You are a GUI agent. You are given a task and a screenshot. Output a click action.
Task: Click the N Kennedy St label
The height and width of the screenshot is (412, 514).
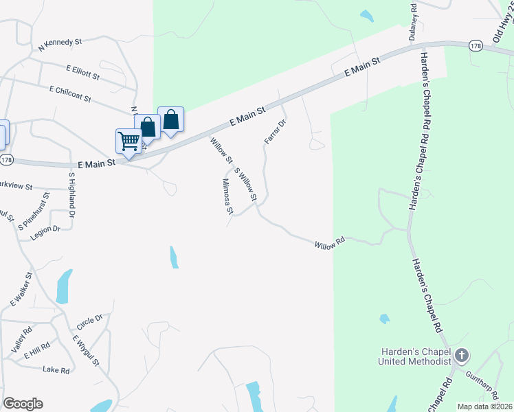(60, 43)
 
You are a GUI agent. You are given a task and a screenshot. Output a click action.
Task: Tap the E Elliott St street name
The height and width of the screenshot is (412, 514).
(83, 71)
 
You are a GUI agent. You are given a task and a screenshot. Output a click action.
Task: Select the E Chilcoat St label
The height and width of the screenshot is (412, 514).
(70, 94)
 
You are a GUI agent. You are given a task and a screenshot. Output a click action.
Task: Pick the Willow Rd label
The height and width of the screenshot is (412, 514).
(329, 244)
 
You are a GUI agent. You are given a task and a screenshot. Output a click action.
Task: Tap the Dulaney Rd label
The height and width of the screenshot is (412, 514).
(414, 21)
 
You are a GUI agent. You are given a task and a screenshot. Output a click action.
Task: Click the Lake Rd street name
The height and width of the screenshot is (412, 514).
(56, 370)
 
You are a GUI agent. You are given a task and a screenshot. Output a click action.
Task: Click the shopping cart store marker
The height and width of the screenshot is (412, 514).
(128, 141)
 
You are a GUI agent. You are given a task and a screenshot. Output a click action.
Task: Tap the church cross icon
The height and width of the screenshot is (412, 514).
(462, 356)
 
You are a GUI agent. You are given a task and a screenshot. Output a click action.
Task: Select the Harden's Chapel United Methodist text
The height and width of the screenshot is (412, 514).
(416, 356)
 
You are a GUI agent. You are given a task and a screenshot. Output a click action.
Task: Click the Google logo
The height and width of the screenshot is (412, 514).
(23, 404)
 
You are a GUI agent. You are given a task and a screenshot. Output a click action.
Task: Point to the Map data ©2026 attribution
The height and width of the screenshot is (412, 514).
(484, 407)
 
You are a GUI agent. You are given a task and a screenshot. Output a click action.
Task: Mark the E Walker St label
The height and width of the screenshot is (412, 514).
(21, 290)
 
